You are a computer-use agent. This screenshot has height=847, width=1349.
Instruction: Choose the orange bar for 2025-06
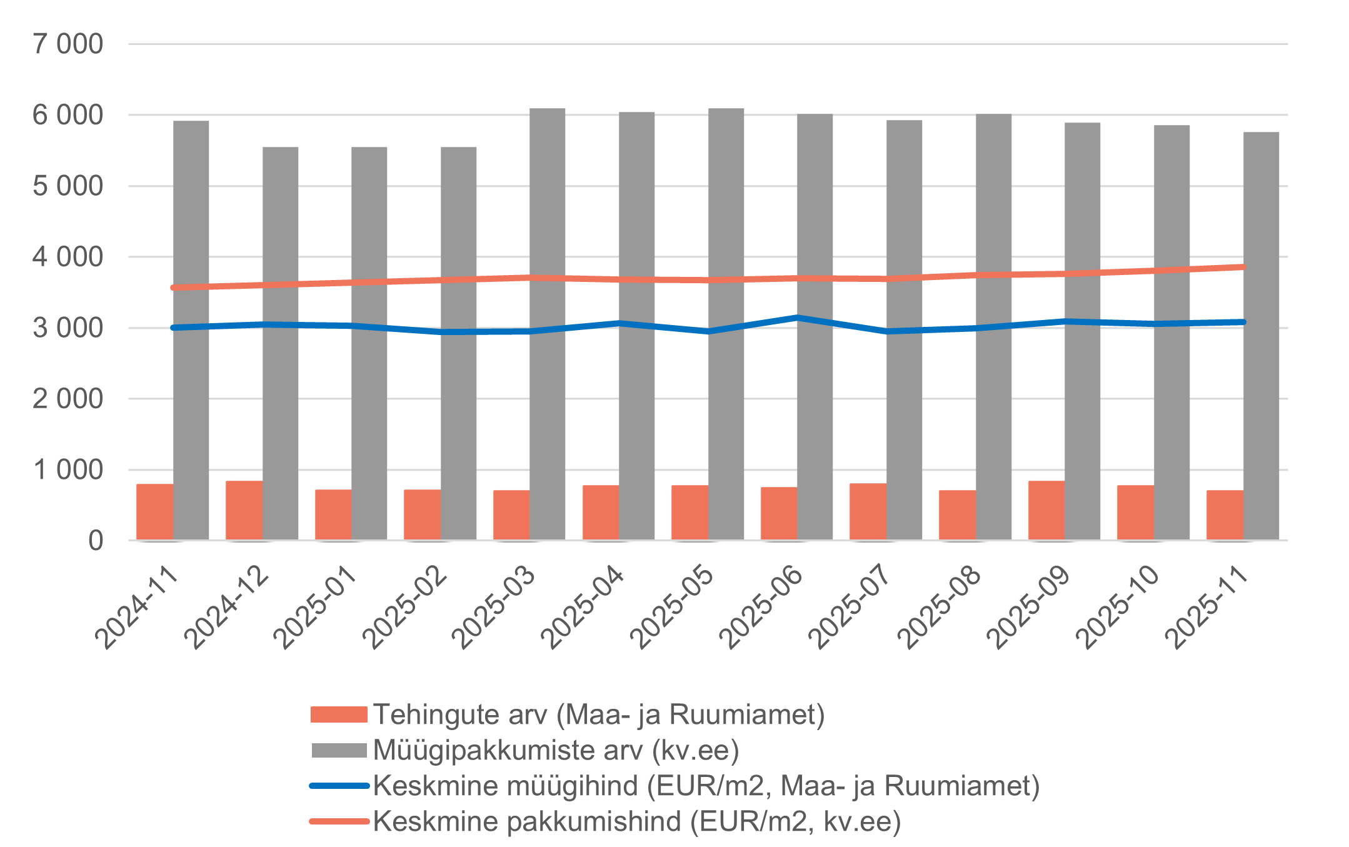click(x=779, y=513)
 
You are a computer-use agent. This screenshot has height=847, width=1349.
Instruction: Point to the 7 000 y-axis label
click(x=68, y=44)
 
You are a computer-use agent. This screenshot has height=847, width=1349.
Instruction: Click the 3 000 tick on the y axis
click(x=68, y=328)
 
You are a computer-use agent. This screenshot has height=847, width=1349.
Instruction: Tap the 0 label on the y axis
click(x=95, y=541)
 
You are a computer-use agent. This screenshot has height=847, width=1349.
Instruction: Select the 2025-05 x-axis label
click(x=672, y=606)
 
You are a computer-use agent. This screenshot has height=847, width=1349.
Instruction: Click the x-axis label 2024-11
click(x=137, y=606)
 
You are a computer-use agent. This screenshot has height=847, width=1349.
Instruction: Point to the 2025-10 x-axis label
click(x=1118, y=606)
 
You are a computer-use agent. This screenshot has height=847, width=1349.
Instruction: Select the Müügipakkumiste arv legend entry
click(x=556, y=750)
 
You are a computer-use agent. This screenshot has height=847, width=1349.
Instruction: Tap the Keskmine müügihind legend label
click(x=706, y=786)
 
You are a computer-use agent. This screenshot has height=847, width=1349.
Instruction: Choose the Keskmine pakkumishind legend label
click(x=637, y=821)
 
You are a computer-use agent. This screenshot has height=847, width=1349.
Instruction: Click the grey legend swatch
click(x=339, y=750)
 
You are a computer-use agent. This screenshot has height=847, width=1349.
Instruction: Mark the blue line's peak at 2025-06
click(x=798, y=318)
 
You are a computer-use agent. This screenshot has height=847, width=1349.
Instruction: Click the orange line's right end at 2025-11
click(x=1243, y=267)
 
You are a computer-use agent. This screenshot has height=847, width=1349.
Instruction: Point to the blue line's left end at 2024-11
click(x=174, y=328)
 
